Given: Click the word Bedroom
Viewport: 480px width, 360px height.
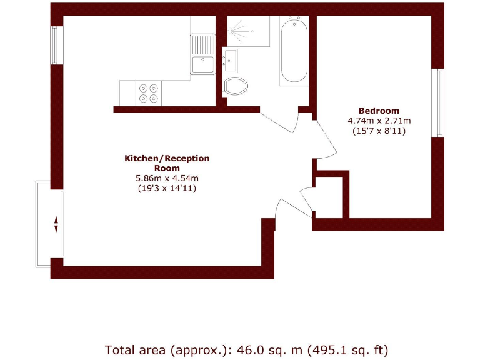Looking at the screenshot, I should pos(379,111).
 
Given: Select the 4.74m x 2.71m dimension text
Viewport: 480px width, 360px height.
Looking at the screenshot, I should pos(379,121).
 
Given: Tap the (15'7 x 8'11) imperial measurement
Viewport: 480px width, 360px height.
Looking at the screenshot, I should pos(379,131).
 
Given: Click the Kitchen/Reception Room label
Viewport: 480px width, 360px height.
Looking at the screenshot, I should pos(167,163).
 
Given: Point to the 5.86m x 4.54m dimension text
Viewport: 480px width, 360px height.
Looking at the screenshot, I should pos(167,178).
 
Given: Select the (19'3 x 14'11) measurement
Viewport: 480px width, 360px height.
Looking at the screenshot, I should pos(167,188).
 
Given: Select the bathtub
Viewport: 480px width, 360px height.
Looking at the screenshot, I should pos(294,52).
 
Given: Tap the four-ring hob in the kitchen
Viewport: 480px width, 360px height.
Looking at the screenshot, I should pos(149,93).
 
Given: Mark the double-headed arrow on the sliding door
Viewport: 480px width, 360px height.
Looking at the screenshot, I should pos(56,224).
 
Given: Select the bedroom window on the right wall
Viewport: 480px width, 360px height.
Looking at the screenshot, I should pos(440,102).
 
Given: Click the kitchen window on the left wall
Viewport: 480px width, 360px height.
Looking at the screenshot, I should pos(54,45).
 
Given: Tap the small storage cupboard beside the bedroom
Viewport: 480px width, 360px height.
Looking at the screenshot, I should pos(329,196).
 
